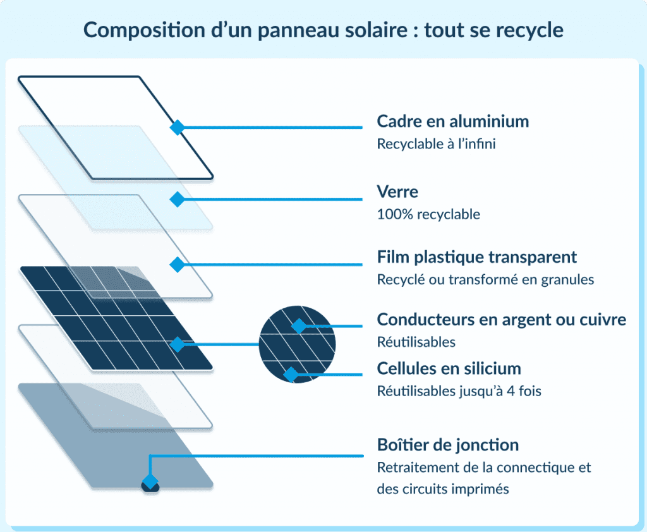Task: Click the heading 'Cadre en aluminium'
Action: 452,121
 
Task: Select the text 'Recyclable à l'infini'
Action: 436,144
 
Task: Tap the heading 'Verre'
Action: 397,191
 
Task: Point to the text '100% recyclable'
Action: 428,214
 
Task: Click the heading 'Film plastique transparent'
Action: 476,257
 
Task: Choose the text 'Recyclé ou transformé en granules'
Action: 485,279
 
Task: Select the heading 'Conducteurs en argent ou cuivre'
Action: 501,320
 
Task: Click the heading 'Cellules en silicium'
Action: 449,368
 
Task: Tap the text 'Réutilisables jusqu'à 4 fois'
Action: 459,391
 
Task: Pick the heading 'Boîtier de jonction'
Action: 447,445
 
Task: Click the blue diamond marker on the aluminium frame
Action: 178,128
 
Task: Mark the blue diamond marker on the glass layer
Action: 178,199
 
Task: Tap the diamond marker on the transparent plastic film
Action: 178,263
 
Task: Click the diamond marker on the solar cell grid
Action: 178,344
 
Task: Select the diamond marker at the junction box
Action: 150,483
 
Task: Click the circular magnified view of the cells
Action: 298,344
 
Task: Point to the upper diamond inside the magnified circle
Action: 298,326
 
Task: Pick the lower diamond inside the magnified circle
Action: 291,375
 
